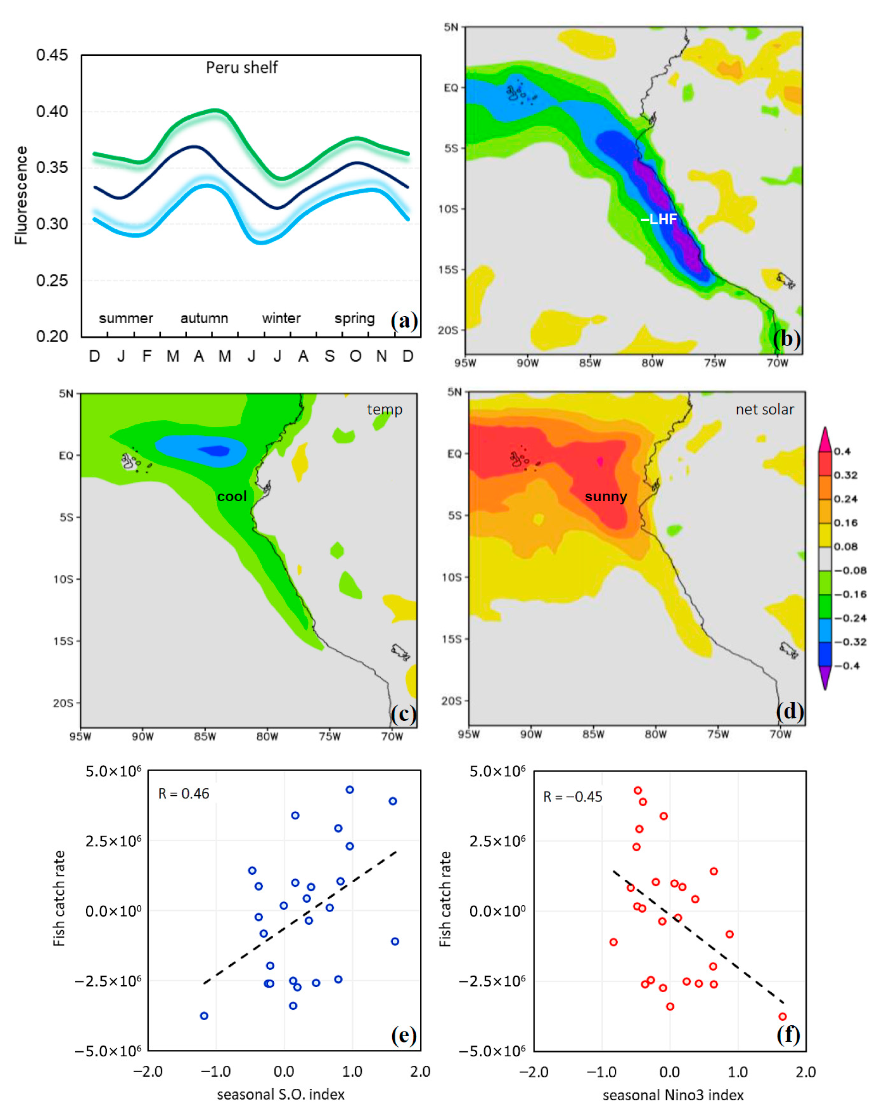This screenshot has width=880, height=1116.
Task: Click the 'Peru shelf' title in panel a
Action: (242, 67)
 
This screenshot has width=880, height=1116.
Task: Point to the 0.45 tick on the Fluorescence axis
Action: (52, 55)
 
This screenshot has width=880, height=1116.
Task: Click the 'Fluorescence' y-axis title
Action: (21, 195)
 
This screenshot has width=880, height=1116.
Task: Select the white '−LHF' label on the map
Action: (658, 219)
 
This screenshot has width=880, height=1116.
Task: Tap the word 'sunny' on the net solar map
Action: (606, 497)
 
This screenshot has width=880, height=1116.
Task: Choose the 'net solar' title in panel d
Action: (765, 409)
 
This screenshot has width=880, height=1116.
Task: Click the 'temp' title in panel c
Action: (384, 409)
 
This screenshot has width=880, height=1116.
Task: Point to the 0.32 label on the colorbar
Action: (845, 475)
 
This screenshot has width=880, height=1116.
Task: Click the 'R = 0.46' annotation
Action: (183, 794)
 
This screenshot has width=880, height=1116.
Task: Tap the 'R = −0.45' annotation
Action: (573, 797)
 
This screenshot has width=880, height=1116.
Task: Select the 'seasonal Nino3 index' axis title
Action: (673, 1095)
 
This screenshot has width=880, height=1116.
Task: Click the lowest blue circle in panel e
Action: (204, 1016)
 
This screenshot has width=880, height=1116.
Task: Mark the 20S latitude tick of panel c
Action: (63, 703)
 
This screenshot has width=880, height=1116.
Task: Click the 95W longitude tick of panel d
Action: (468, 734)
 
